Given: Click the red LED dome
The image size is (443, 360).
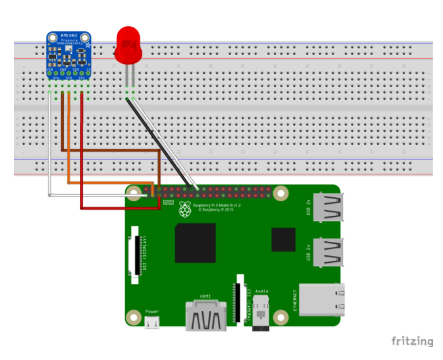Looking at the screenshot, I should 128,45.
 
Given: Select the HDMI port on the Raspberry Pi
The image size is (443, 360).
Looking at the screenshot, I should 205,316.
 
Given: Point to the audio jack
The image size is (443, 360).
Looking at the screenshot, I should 260,313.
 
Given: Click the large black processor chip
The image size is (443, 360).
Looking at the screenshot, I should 195,243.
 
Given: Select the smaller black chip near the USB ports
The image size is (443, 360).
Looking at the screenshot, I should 283,239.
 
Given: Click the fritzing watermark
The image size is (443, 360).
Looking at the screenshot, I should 411,341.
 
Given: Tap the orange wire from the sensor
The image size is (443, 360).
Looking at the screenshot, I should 68,147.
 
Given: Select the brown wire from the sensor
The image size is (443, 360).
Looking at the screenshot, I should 62,128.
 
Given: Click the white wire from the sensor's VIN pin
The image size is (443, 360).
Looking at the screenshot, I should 49,147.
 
